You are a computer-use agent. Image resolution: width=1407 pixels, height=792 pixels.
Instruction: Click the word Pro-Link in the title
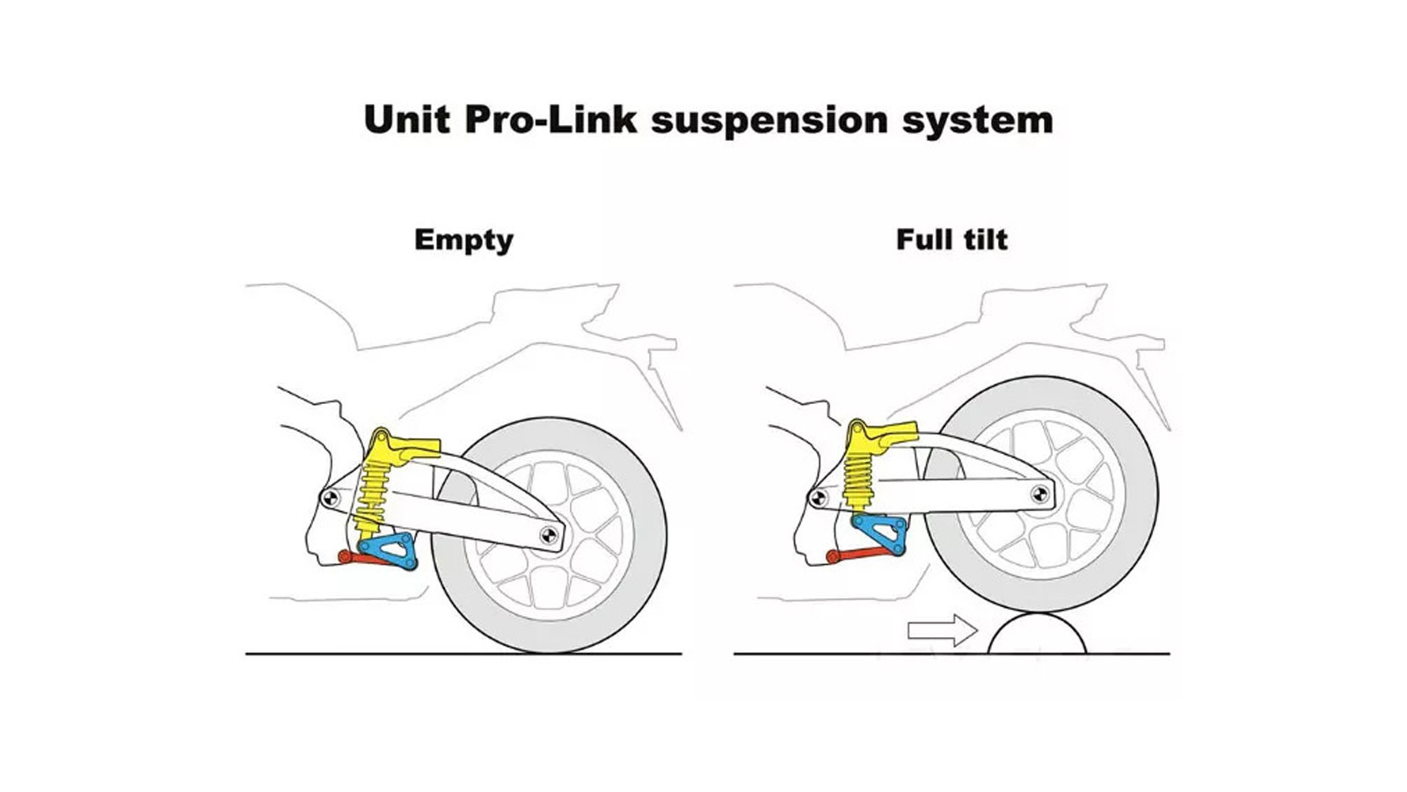pos(550,120)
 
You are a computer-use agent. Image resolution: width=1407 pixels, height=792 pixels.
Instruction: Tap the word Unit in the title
pos(408,120)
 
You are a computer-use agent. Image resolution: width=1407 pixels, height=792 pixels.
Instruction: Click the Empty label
pos(463,240)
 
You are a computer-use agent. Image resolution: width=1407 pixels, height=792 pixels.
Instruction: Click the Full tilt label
pos(951,239)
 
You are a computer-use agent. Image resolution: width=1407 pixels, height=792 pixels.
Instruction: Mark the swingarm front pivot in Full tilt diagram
pos(818,497)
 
